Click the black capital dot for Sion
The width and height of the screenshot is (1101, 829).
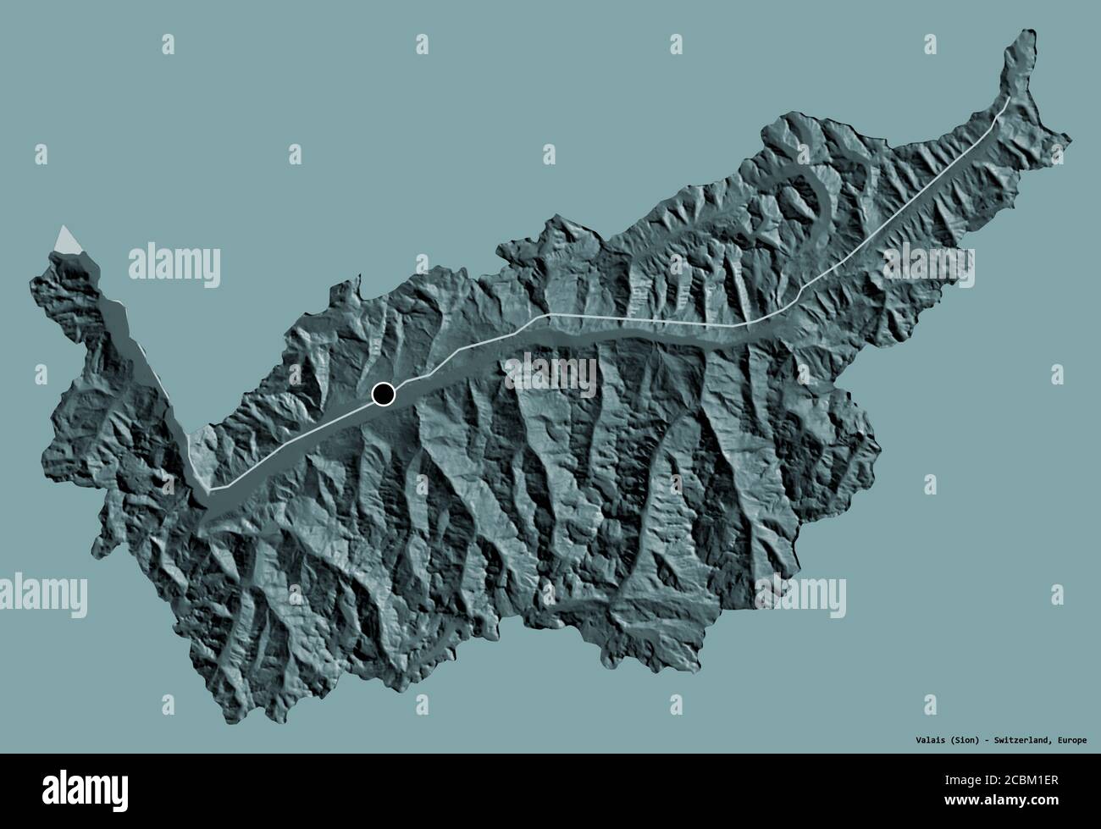[x=384, y=394]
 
